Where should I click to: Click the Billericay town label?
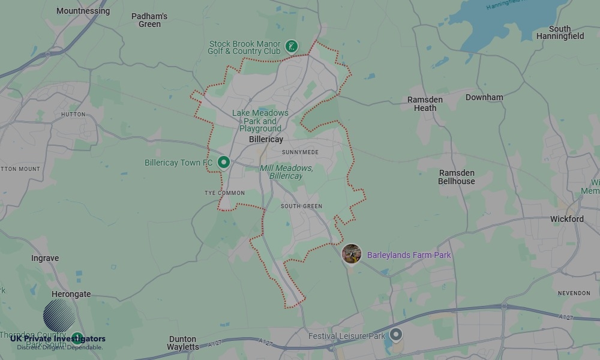click(x=266, y=139)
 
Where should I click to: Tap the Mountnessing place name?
click(x=83, y=11)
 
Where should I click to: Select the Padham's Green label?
click(x=149, y=20)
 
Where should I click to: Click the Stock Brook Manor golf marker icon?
click(x=292, y=46)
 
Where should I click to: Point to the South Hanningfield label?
click(x=560, y=32)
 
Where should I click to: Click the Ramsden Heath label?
click(x=425, y=104)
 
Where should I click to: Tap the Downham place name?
click(x=484, y=97)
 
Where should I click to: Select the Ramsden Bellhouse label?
click(x=456, y=177)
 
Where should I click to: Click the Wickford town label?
click(x=566, y=219)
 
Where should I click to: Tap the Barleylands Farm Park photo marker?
click(x=352, y=254)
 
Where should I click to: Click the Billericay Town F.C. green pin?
click(x=224, y=162)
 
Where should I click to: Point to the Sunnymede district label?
click(x=300, y=152)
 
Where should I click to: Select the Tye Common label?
click(x=224, y=193)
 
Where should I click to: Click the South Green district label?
click(x=301, y=206)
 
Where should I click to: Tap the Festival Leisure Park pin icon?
click(x=395, y=334)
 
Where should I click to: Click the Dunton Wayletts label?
click(x=183, y=343)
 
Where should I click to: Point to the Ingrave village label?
click(x=45, y=258)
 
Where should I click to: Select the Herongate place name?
click(x=71, y=294)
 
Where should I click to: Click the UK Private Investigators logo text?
click(x=58, y=339)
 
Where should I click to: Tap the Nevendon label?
click(x=574, y=293)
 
